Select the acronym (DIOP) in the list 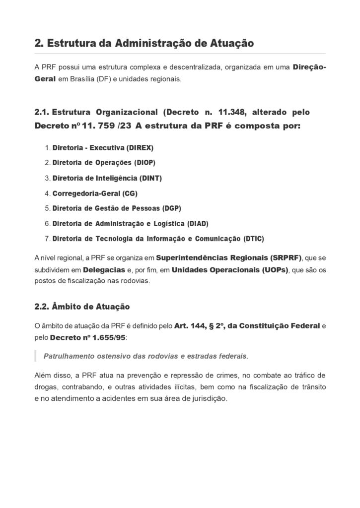click(148, 163)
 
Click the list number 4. click(47, 193)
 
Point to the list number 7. click(47, 239)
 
